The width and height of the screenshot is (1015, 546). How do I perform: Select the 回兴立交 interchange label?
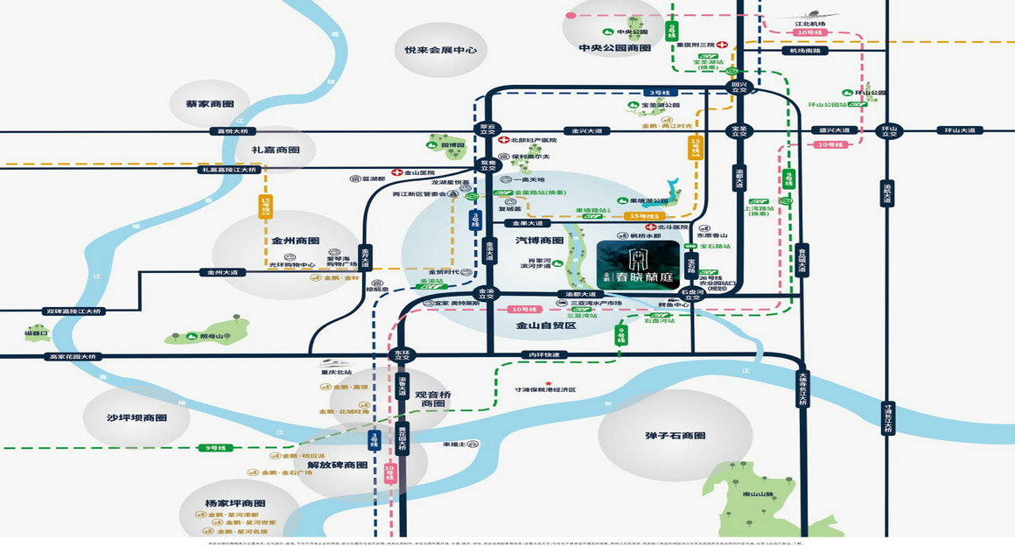pos(739,87)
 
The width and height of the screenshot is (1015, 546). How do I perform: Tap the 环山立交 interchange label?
pos(889,131)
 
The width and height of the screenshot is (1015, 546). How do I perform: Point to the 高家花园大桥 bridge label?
pos(74,356)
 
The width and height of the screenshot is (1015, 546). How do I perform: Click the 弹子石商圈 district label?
pos(675,435)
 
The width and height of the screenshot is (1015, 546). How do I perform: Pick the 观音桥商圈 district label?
pos(433,400)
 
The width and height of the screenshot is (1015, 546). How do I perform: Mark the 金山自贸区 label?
pos(546,325)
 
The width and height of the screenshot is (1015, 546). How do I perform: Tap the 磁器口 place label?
pos(38,333)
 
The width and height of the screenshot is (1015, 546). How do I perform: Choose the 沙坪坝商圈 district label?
pos(136,417)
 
